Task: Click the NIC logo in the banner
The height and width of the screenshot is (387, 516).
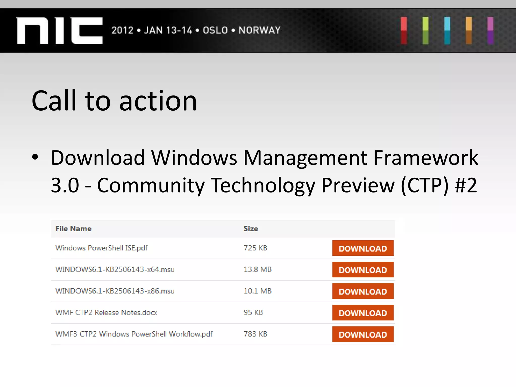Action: click(60, 31)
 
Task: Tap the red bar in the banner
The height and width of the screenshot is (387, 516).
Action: click(404, 31)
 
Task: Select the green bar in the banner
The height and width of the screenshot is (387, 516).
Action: click(426, 31)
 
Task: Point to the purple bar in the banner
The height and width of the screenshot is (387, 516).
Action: click(490, 31)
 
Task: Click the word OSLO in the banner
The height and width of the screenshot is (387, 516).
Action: click(215, 30)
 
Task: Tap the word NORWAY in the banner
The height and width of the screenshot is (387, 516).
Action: click(260, 30)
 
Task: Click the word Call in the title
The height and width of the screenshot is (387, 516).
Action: click(54, 101)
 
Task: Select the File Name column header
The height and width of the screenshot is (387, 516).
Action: click(73, 229)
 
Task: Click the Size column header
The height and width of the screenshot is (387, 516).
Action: click(251, 229)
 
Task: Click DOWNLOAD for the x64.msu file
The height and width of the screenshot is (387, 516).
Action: click(363, 270)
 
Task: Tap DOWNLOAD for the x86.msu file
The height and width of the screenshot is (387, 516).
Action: click(363, 291)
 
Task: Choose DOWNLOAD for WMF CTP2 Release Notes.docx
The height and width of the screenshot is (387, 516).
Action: click(363, 313)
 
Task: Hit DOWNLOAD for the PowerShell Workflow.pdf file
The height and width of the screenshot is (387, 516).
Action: click(363, 334)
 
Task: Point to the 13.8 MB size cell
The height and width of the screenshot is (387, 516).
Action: click(257, 270)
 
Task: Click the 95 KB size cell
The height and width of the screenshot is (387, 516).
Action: click(253, 312)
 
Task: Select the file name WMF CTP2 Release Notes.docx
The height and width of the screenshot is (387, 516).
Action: click(106, 312)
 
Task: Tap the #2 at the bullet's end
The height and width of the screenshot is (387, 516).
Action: click(466, 185)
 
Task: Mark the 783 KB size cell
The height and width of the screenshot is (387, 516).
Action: click(255, 334)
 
